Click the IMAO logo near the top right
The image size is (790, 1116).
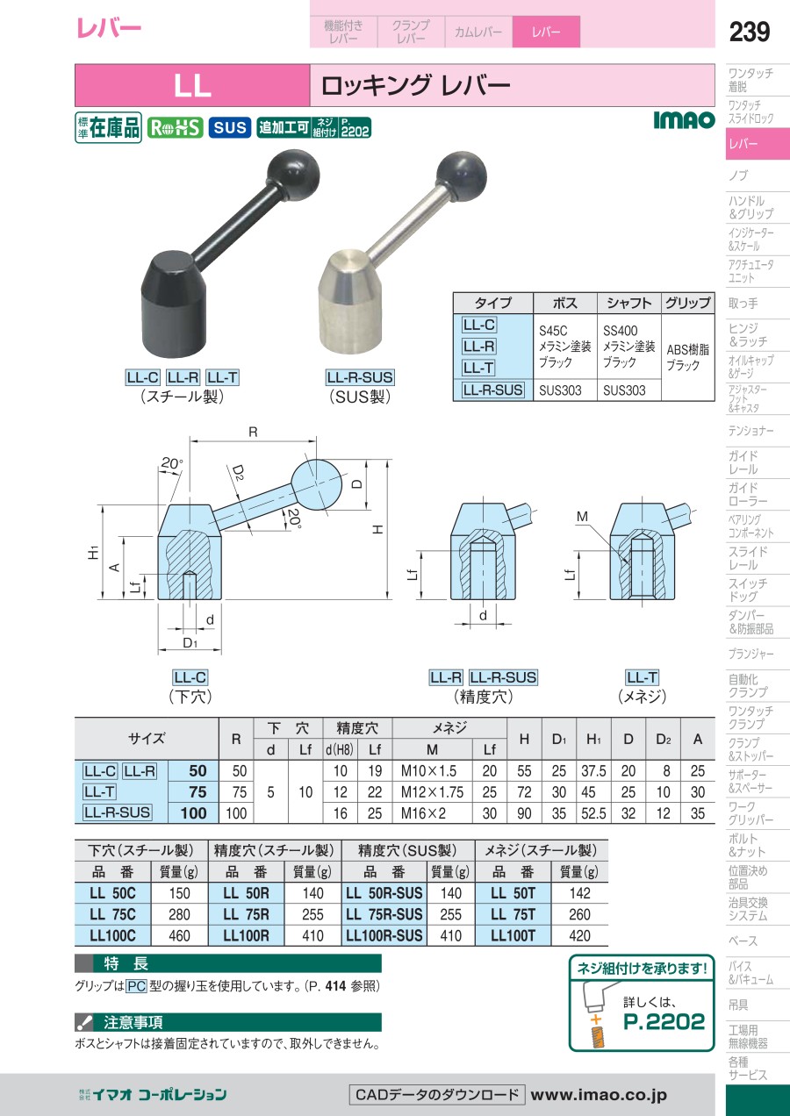(684, 120)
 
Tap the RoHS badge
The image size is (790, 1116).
(175, 127)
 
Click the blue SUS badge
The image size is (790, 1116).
(230, 127)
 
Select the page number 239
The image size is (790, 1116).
(750, 32)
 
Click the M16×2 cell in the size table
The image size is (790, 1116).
(424, 814)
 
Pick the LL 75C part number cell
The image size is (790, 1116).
(112, 915)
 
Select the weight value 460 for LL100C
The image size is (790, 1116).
(179, 935)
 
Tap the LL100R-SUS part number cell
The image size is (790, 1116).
(384, 935)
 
